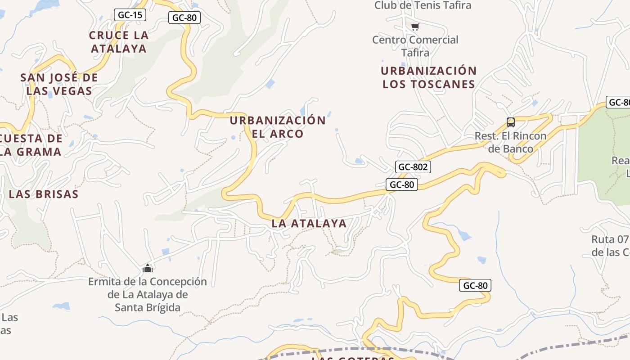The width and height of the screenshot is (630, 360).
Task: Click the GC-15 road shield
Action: click(130, 15)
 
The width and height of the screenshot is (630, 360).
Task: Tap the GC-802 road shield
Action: click(414, 167)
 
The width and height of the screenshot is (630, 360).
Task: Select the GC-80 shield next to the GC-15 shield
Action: click(184, 18)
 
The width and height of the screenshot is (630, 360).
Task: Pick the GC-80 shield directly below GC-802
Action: click(401, 184)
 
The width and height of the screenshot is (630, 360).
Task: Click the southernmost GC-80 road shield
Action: click(475, 285)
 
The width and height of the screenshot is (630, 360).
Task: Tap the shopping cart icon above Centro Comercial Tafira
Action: click(415, 27)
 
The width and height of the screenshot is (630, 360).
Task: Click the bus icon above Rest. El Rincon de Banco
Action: click(511, 122)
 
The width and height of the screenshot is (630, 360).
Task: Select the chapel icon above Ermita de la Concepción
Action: click(148, 268)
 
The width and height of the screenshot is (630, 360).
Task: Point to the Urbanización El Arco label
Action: click(278, 127)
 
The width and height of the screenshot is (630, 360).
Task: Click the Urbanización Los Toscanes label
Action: click(428, 77)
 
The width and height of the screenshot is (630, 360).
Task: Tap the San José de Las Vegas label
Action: click(59, 84)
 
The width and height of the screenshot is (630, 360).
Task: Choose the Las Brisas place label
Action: click(44, 194)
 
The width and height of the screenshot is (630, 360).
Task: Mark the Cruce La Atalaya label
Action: click(119, 42)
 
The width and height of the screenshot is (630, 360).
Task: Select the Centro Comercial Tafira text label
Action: click(415, 46)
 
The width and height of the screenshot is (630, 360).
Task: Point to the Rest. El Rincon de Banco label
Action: click(510, 142)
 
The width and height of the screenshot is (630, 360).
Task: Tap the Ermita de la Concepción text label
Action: click(147, 294)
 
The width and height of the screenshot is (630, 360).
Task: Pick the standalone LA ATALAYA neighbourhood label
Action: click(309, 223)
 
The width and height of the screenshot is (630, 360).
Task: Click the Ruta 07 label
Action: click(610, 246)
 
